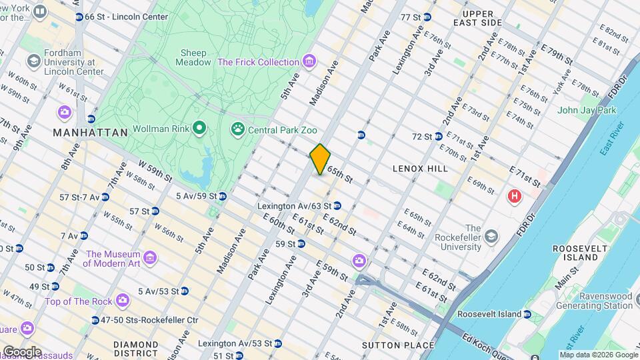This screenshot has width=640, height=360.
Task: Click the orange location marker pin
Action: pyautogui.click(x=321, y=159)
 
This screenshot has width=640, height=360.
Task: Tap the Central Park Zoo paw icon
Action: pyautogui.click(x=237, y=128)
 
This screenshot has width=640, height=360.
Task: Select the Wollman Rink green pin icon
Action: pyautogui.click(x=199, y=127)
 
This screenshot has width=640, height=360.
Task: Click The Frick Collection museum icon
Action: pyautogui.click(x=309, y=62)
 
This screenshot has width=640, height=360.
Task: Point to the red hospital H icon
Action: pyautogui.click(x=514, y=197)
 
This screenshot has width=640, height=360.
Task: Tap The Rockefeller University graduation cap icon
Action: pyautogui.click(x=491, y=236)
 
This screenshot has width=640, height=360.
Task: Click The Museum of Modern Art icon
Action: pyautogui.click(x=149, y=257)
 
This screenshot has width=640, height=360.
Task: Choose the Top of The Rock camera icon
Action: pyautogui.click(x=122, y=301)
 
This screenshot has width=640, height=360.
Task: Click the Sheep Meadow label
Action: pyautogui.click(x=193, y=57)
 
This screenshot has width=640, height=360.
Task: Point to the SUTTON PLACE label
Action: pyautogui.click(x=398, y=345)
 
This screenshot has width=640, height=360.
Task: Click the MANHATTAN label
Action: pyautogui.click(x=90, y=133)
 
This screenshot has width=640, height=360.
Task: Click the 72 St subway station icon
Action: pyautogui.click(x=439, y=137)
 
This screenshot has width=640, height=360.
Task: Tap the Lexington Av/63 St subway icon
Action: pyautogui.click(x=337, y=206)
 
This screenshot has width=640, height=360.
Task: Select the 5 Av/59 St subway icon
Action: pyautogui.click(x=223, y=196)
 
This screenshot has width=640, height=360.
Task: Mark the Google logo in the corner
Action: pyautogui.click(x=22, y=351)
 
